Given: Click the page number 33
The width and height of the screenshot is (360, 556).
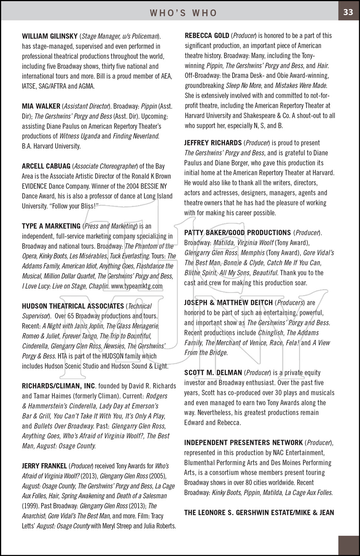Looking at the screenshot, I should (x=348, y=12).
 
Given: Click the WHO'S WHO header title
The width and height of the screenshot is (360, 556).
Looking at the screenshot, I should (x=183, y=13).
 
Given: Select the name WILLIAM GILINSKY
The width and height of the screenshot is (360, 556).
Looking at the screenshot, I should (x=50, y=36).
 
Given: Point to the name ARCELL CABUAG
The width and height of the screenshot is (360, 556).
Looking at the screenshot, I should (x=46, y=166).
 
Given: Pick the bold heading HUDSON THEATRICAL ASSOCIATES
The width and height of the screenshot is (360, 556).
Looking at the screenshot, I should (x=73, y=306).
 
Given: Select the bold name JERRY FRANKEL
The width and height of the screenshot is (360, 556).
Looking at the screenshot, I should (x=44, y=466).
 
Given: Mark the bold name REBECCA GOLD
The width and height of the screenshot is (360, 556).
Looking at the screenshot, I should (x=207, y=36).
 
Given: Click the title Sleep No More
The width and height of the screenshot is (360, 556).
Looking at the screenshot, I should (x=244, y=86).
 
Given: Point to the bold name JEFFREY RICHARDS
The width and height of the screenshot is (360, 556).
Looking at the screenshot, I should (x=213, y=143).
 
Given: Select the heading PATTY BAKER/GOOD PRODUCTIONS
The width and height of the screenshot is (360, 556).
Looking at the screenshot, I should (x=237, y=233).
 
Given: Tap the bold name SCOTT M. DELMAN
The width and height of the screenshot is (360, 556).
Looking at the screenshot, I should (x=213, y=373).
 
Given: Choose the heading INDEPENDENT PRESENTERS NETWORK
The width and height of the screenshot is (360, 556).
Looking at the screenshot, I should (x=243, y=443).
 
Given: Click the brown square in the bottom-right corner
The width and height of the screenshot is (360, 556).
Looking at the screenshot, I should (x=349, y=546).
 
